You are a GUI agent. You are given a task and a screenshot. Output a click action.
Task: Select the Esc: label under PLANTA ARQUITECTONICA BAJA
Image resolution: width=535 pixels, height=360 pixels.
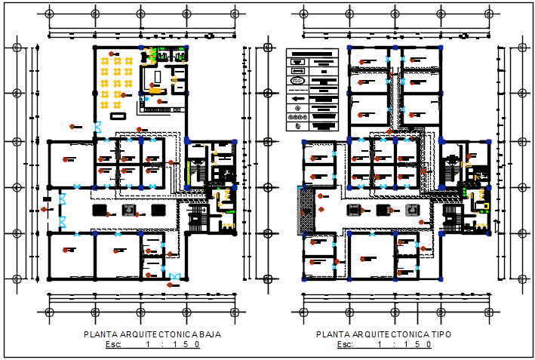[x=113, y=345]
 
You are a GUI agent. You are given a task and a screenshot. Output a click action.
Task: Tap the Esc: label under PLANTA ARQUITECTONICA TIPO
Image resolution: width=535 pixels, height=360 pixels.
[x=345, y=345]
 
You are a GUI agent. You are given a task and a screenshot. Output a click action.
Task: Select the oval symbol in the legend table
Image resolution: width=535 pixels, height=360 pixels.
[x=297, y=81]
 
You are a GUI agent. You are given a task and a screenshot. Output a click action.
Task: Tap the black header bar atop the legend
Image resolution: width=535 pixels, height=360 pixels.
[x=312, y=54]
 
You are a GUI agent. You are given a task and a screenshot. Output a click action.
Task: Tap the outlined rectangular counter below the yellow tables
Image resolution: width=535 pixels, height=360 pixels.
[x=118, y=117]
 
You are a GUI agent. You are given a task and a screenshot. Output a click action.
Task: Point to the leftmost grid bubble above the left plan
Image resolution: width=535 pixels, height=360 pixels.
[x=50, y=13]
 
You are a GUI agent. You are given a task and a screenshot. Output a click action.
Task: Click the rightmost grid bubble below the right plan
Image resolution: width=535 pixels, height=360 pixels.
[x=490, y=311]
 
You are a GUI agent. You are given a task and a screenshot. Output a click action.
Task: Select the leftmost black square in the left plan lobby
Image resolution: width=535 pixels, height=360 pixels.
[x=98, y=209]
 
